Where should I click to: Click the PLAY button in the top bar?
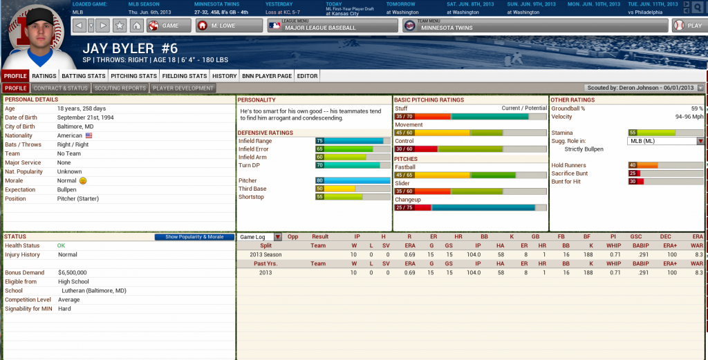pyautogui.click(x=687, y=26)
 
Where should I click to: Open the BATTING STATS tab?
pyautogui.click(x=83, y=76)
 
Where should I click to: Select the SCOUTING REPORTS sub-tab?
pyautogui.click(x=120, y=88)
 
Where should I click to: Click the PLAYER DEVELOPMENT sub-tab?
pyautogui.click(x=183, y=88)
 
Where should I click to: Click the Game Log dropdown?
pyautogui.click(x=260, y=236)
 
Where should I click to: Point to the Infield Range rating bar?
pyautogui.click(x=353, y=141)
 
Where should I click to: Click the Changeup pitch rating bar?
pyautogui.click(x=470, y=207)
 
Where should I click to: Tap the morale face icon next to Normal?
pyautogui.click(x=83, y=180)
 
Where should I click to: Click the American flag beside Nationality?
pyautogui.click(x=88, y=136)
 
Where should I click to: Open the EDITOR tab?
pyautogui.click(x=307, y=76)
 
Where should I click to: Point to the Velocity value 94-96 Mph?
pyautogui.click(x=689, y=117)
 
